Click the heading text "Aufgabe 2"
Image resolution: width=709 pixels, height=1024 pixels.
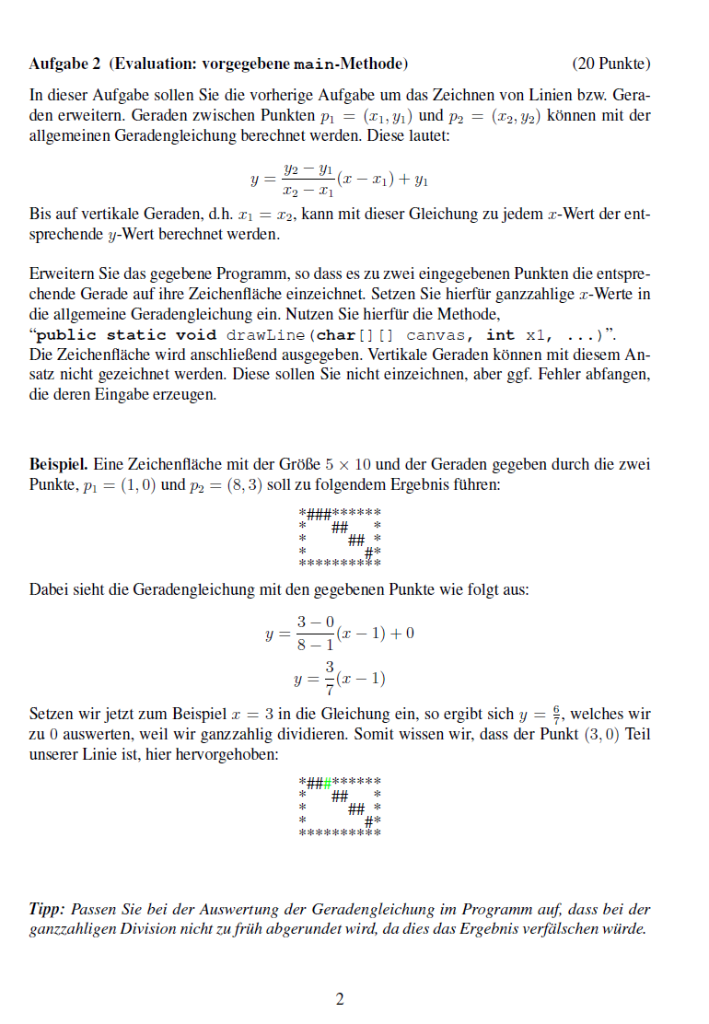pos(65,64)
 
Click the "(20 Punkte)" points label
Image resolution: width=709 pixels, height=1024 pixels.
pos(610,64)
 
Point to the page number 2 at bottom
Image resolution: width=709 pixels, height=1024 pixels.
pos(340,999)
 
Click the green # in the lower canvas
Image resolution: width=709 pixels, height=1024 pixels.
pos(328,783)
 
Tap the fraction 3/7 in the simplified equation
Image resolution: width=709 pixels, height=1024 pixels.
pos(328,679)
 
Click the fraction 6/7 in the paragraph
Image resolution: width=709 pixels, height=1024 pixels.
pos(555,714)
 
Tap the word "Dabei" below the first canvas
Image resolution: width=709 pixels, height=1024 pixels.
pos(48,589)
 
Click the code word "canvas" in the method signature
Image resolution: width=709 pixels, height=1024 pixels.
pos(435,335)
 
